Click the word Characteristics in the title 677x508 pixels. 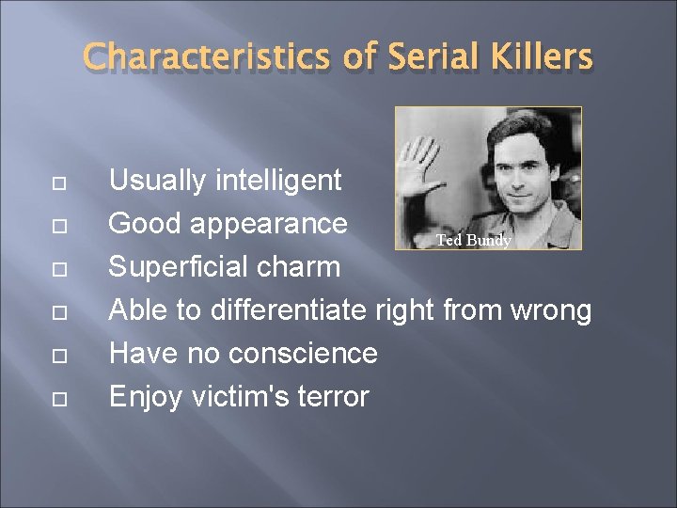(207, 56)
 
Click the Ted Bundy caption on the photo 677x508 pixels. (473, 241)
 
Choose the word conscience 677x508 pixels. (302, 354)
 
